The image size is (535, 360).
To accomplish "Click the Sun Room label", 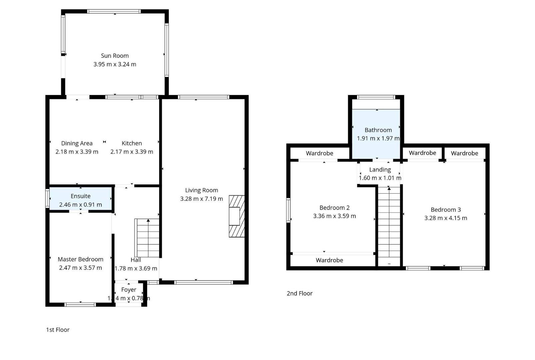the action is coord(115,56).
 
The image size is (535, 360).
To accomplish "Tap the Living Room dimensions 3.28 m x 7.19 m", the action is coord(201,199).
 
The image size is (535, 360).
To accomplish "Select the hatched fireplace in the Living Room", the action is coord(237,216).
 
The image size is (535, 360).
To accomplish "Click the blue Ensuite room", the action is coord(80,198).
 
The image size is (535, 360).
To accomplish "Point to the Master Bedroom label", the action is coord(80,259).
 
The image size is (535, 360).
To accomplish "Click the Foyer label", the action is coord(129,290).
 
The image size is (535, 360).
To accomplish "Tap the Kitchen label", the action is coord(132,143).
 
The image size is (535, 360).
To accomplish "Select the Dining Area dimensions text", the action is coord(77,152).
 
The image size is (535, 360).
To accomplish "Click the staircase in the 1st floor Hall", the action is coord(147,238).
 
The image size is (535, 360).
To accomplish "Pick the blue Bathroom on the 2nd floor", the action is coord(376,134).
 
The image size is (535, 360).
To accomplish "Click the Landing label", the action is coord(380,169).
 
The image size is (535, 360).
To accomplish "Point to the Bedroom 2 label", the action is coord(334,208).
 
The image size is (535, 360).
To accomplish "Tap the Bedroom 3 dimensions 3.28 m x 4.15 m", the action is coord(446,218).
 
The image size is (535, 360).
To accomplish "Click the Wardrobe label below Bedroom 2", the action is coord(329,260).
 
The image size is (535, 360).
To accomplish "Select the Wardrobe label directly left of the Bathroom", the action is coord(320,153).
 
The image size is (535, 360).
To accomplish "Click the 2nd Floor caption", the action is coord(300,293).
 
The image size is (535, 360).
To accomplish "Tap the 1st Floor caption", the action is coord(58,330).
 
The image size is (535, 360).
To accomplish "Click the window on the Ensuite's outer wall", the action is coord(47,198).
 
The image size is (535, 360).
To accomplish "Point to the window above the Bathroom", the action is coord(376,97).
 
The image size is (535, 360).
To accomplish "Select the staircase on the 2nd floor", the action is coord(389,226).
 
